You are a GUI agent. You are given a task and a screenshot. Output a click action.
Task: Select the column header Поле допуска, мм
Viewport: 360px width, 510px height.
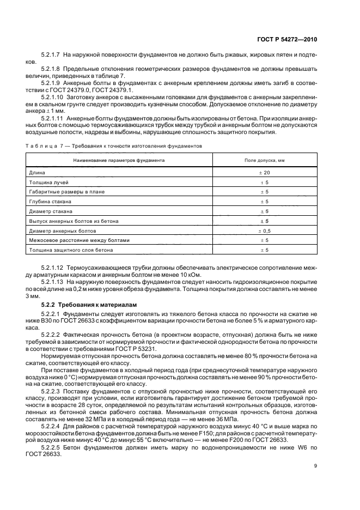click(x=265, y=161)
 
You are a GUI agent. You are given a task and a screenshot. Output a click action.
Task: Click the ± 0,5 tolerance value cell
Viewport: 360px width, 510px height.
click(x=265, y=230)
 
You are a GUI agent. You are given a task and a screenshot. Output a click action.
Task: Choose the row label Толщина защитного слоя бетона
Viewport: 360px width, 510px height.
click(x=71, y=250)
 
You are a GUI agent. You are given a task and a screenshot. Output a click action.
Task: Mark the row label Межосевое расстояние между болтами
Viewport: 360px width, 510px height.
click(x=80, y=240)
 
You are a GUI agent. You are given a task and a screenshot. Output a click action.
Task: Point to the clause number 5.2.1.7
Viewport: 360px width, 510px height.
click(x=51, y=55)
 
